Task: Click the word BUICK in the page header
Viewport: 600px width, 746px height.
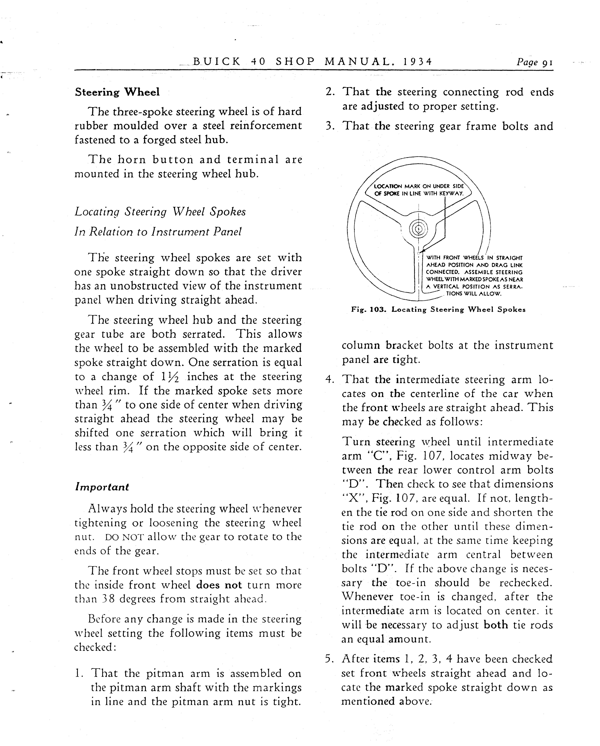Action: click(216, 62)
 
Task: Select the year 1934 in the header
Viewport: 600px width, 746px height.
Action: click(418, 62)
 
